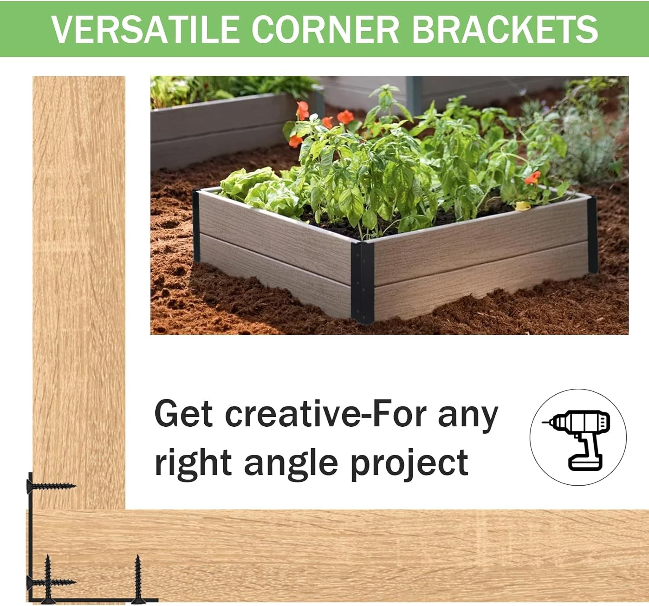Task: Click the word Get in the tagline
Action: click(183, 414)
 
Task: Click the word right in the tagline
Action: click(193, 463)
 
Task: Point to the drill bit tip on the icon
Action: click(543, 423)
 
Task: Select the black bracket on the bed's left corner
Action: click(196, 226)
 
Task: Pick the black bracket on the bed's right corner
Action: click(592, 235)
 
